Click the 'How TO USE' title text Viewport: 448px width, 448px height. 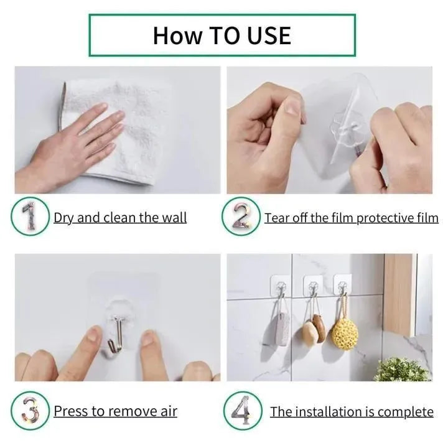(x=222, y=35)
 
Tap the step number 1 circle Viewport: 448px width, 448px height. (x=30, y=217)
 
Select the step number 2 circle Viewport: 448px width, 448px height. (x=241, y=217)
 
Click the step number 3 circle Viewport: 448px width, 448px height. (x=30, y=410)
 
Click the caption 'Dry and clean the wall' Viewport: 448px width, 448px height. (x=120, y=217)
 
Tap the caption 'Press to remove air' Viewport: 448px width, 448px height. (x=115, y=411)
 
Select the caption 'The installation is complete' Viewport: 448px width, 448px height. (x=352, y=411)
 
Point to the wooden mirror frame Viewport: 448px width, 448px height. (x=398, y=292)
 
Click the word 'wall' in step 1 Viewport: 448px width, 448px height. (x=174, y=217)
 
